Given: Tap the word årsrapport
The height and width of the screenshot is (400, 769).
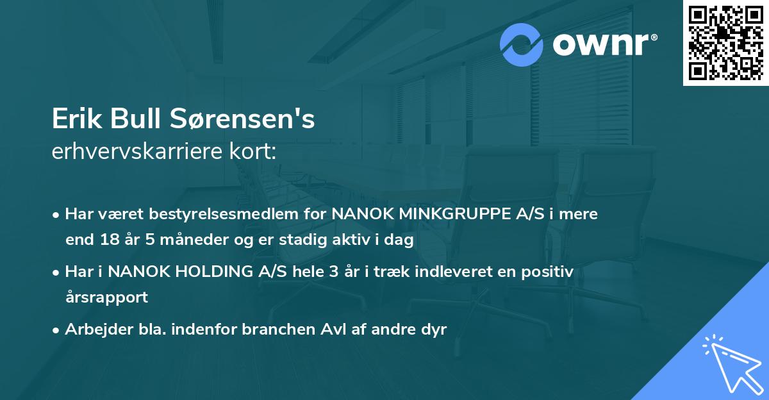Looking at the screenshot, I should click(x=106, y=297).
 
